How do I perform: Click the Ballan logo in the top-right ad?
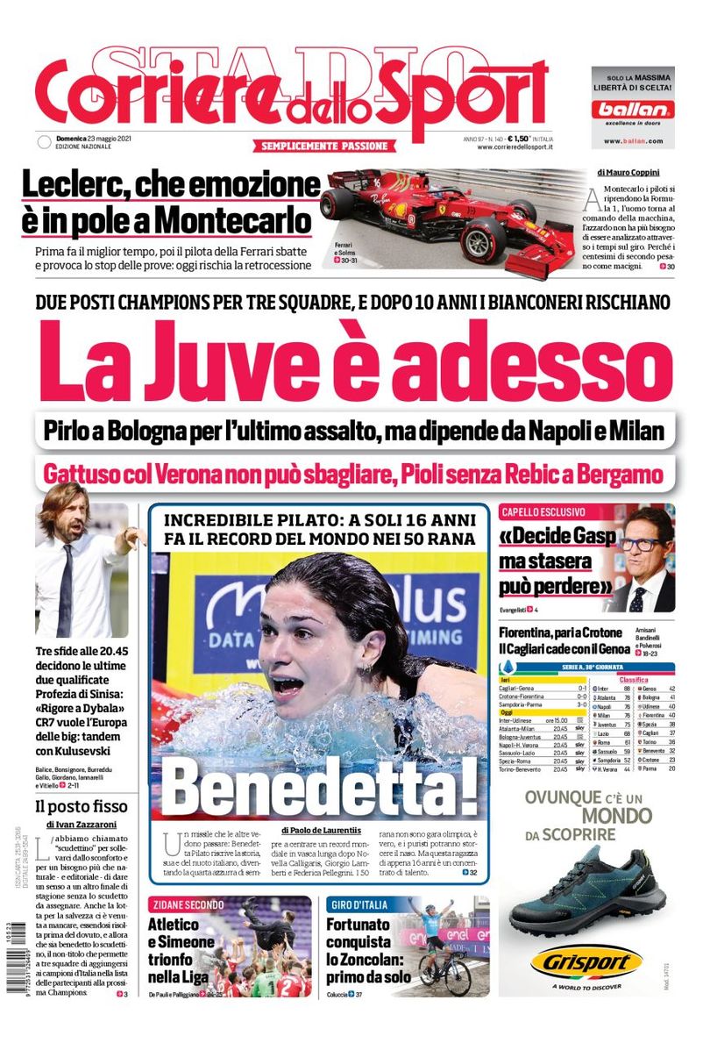[x=632, y=110]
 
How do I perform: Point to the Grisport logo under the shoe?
[x=586, y=963]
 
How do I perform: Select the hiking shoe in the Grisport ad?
[x=586, y=886]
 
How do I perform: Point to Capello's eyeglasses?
[x=643, y=544]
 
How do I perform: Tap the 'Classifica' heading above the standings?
[x=633, y=679]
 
